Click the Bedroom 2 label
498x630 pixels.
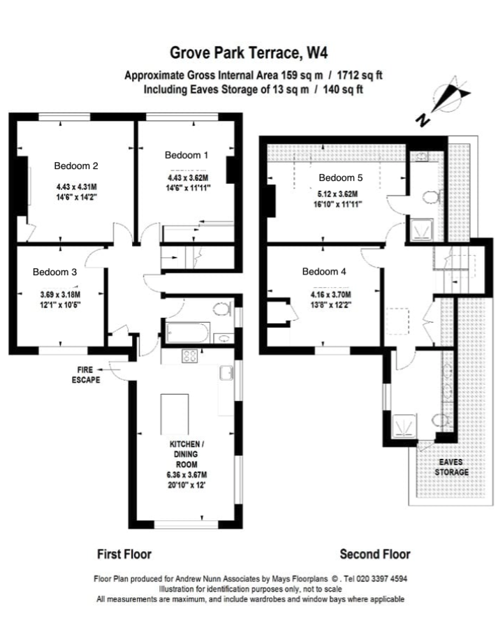(76, 166)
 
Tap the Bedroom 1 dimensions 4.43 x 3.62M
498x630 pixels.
(188, 177)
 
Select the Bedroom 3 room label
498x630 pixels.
(54, 272)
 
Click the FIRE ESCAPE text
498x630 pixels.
(86, 375)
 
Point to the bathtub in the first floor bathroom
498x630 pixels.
(187, 332)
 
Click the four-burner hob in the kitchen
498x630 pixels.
(190, 356)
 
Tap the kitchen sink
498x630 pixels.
(226, 373)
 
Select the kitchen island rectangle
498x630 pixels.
(175, 414)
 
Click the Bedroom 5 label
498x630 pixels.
(340, 177)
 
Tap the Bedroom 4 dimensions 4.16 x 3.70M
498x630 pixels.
(331, 295)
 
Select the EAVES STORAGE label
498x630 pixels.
(451, 467)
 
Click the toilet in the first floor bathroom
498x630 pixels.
(221, 309)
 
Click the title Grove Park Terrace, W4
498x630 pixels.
(249, 52)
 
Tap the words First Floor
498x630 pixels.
(124, 555)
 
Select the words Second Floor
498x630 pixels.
(375, 555)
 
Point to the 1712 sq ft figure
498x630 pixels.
(359, 75)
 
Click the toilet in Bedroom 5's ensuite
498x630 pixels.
(432, 197)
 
